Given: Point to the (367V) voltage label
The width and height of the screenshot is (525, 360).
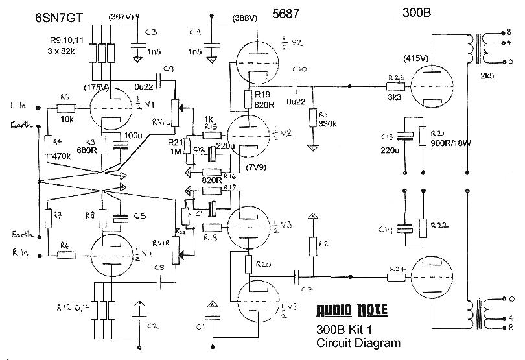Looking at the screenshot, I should [x=123, y=16].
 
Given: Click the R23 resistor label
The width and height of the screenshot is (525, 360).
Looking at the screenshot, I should [x=395, y=78].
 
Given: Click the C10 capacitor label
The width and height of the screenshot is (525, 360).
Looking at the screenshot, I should [x=299, y=69].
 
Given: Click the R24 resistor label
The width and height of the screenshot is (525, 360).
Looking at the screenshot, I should [x=397, y=267].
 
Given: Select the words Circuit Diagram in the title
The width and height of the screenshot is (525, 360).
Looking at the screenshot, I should [x=358, y=342].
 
